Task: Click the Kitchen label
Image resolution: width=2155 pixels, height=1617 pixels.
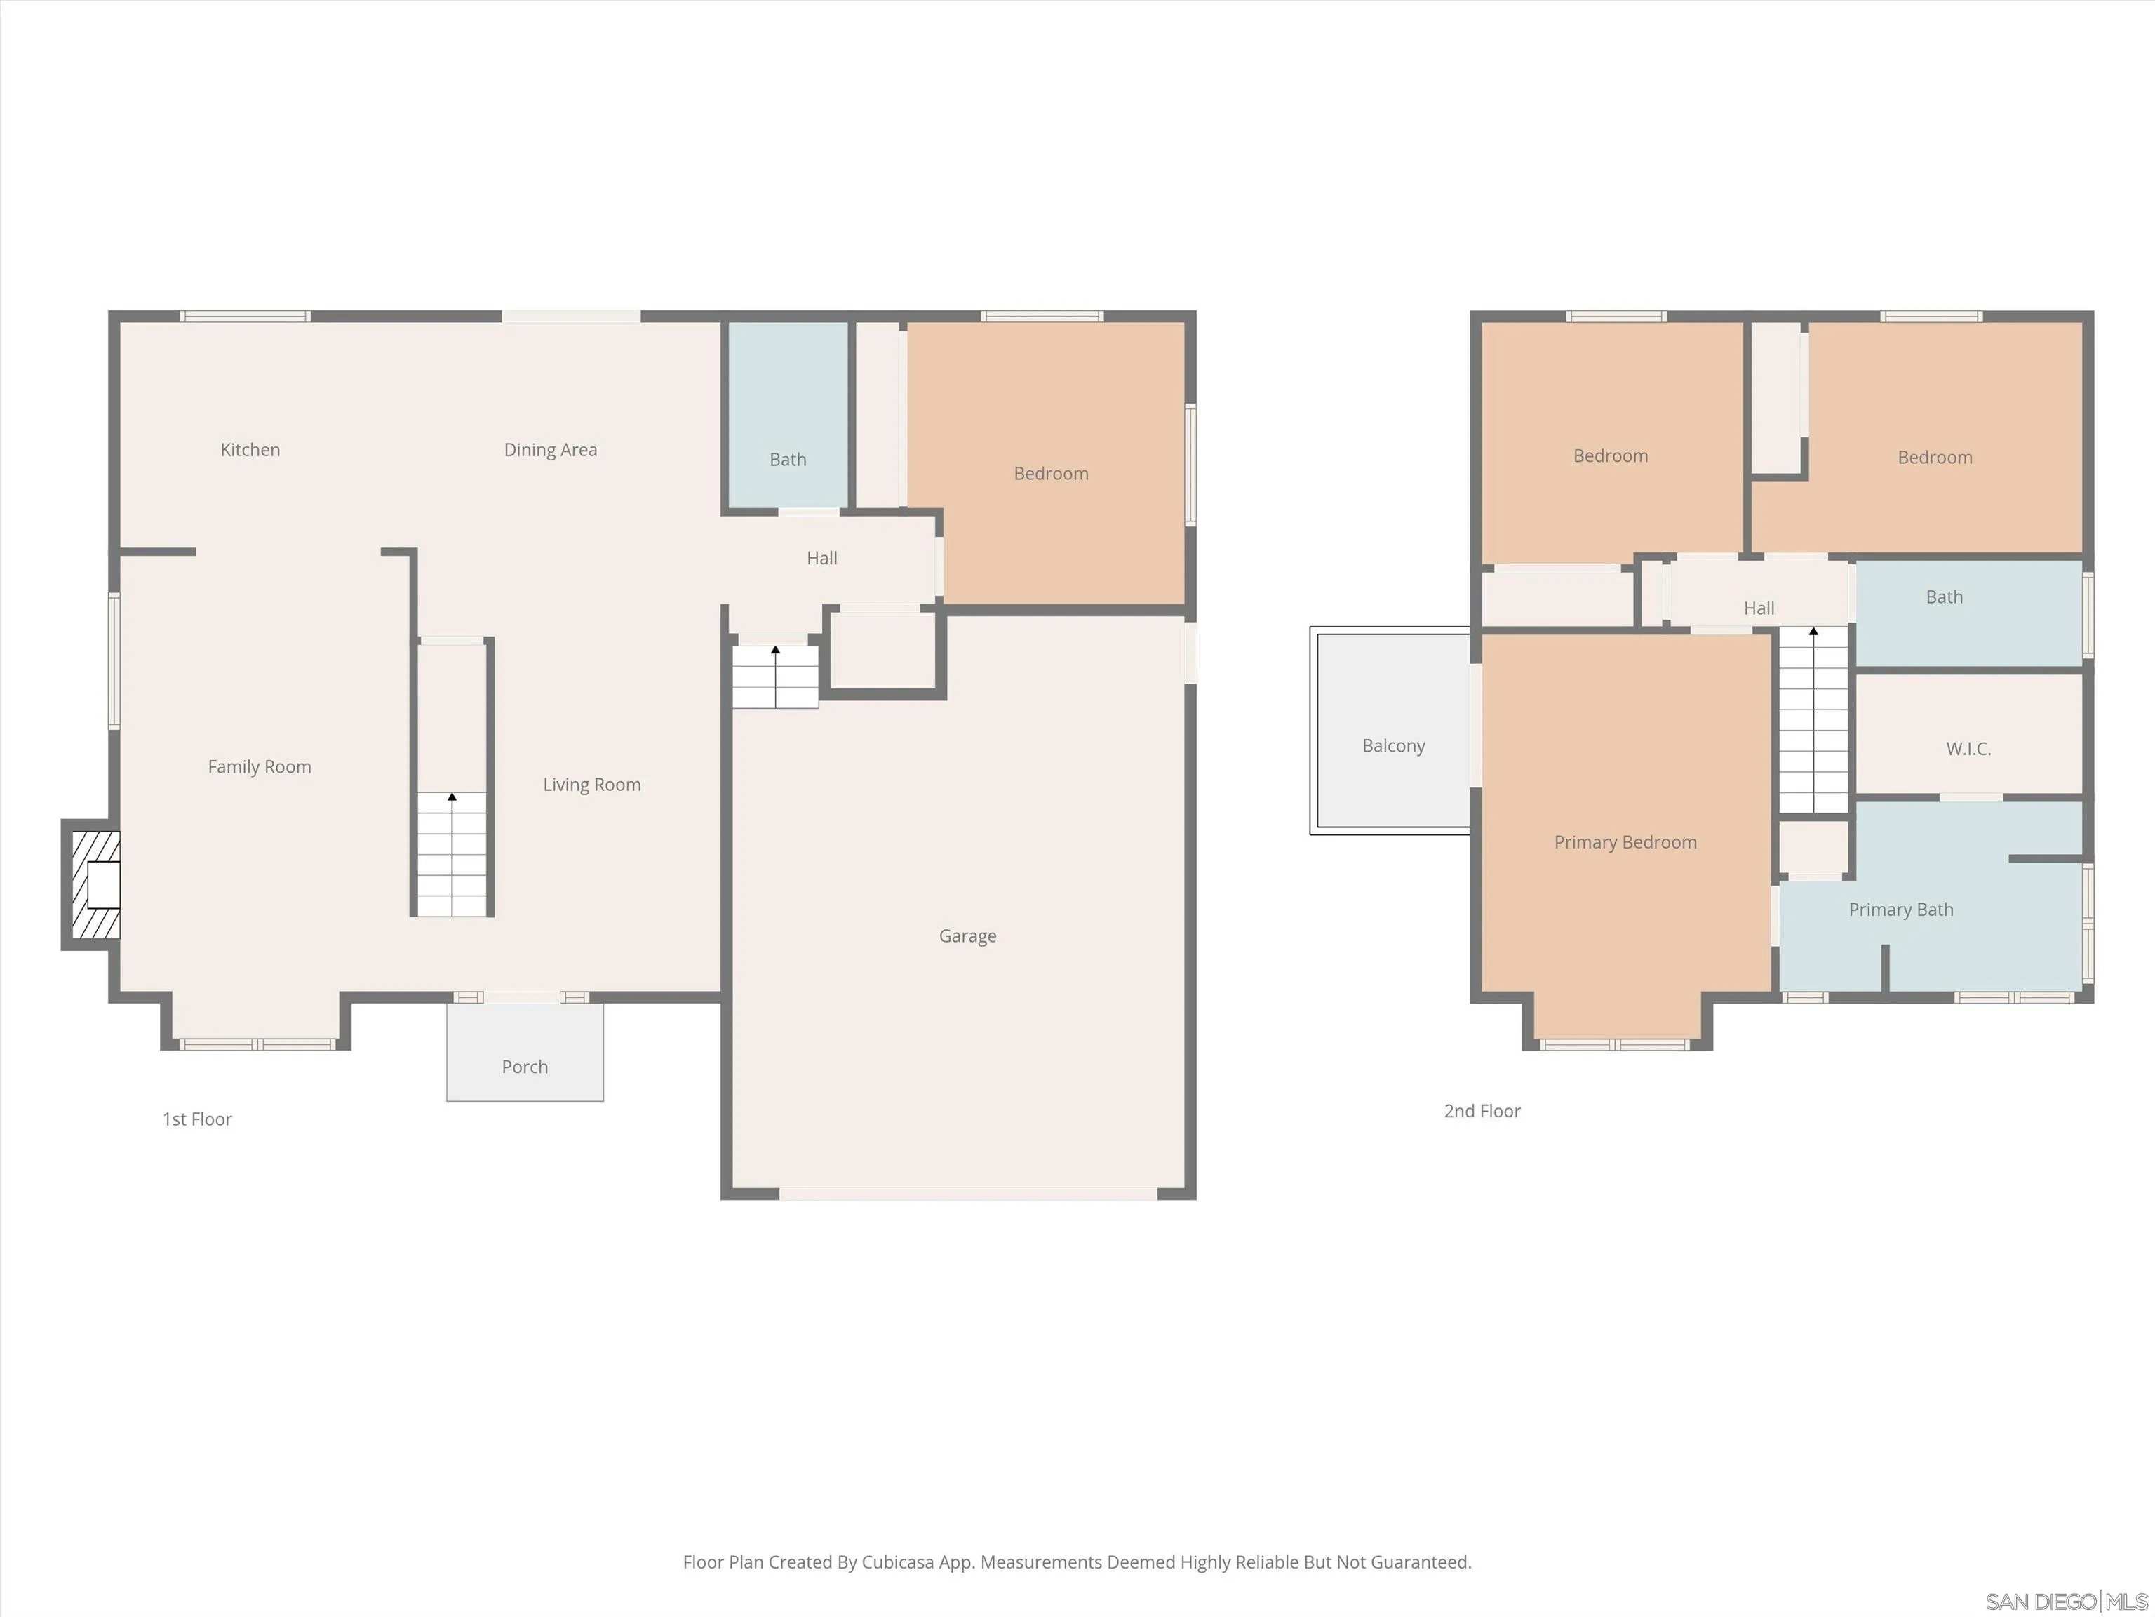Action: (250, 449)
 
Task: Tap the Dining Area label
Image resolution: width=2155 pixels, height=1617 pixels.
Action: (551, 449)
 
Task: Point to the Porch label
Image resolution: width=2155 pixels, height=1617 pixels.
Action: (524, 1066)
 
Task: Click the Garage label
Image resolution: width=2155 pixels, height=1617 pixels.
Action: (967, 936)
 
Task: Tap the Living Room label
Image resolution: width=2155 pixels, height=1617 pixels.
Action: (591, 785)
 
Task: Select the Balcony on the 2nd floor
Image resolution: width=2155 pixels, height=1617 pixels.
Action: (1393, 745)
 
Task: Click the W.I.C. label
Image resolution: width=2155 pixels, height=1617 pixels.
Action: (1968, 749)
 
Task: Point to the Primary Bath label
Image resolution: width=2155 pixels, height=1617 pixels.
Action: (1901, 910)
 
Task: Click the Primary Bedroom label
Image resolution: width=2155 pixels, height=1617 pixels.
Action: (1625, 842)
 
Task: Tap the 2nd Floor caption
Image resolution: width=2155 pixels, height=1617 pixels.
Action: (1482, 1111)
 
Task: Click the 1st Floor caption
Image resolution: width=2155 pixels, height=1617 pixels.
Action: (197, 1119)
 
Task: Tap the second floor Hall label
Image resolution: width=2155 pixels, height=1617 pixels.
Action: (1759, 608)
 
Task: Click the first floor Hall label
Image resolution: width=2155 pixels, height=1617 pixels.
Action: (821, 557)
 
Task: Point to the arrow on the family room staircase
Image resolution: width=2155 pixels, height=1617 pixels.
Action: (452, 797)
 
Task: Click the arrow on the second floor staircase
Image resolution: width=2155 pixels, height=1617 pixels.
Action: (1813, 632)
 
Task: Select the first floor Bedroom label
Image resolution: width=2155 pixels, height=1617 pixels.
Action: (1050, 473)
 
